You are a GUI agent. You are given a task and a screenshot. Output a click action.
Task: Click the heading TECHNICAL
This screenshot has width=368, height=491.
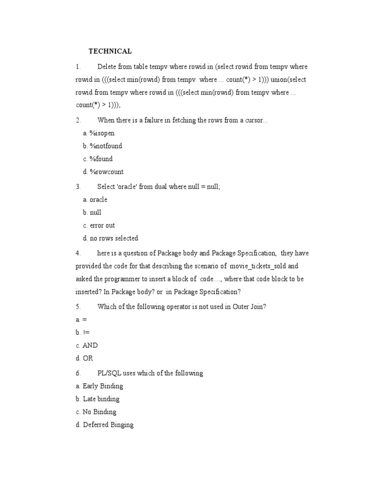(110, 51)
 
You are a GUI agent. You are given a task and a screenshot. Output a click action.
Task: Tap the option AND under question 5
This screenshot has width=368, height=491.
(90, 345)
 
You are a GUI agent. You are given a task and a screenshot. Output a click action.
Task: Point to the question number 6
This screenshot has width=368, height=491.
(78, 373)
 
